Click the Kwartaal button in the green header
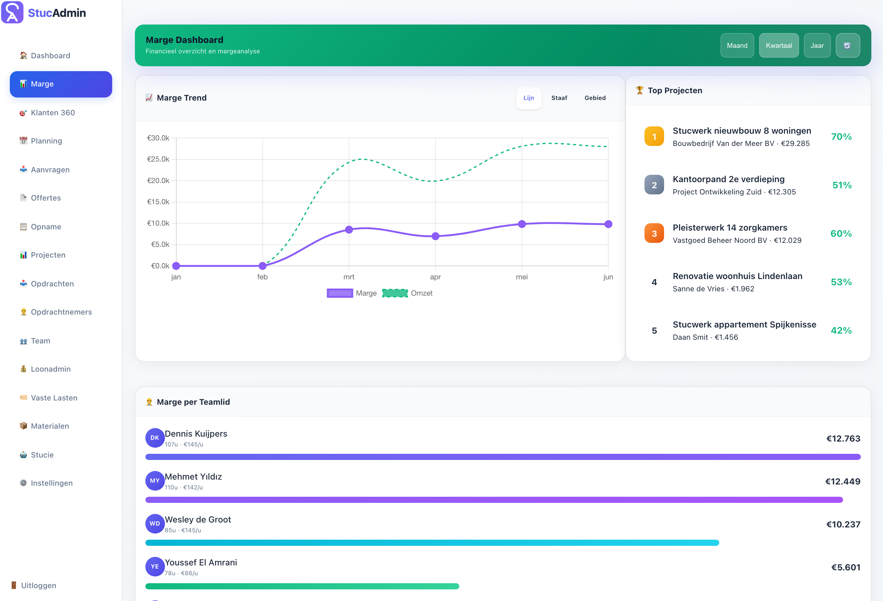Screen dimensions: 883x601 [x=778, y=46]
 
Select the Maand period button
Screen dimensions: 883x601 [x=737, y=46]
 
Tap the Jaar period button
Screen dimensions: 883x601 [x=817, y=46]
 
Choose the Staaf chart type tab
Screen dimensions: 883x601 [x=559, y=98]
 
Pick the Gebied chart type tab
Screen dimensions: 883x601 [x=595, y=98]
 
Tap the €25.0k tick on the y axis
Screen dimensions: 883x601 [x=158, y=159]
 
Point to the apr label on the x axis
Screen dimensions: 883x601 [x=435, y=277]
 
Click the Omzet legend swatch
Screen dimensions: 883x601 [x=395, y=293]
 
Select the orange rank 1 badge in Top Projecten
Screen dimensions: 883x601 [x=654, y=136]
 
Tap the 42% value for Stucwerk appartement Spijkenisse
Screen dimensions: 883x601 [x=841, y=331]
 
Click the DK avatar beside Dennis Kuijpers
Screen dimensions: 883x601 [x=155, y=438]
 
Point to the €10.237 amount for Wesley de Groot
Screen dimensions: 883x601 [x=843, y=525]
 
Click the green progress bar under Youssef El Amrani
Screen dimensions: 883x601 [x=302, y=586]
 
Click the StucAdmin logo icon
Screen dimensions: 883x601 [x=12, y=12]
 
